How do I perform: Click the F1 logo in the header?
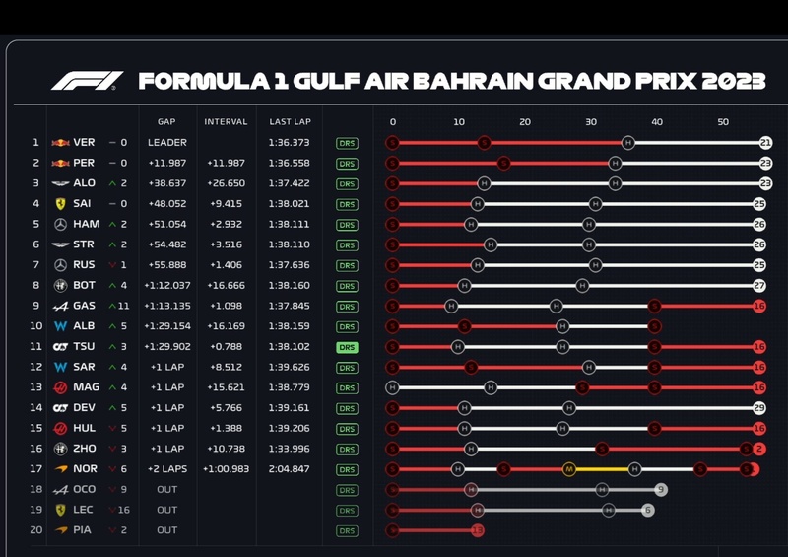(87, 81)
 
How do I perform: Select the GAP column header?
(165, 122)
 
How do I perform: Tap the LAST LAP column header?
(290, 122)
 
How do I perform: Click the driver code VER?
(84, 142)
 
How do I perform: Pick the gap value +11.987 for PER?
(166, 163)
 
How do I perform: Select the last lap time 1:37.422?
(289, 183)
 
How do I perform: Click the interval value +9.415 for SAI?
(226, 204)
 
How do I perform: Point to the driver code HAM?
(86, 224)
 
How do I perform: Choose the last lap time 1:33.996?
(289, 449)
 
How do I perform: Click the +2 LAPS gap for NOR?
(166, 469)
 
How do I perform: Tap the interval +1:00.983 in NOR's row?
(226, 469)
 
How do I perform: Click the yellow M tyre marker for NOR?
(568, 469)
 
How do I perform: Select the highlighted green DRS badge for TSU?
(347, 347)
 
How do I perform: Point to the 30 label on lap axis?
(590, 122)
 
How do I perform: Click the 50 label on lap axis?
(722, 122)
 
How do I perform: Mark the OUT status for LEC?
(166, 510)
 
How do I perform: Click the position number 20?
(35, 530)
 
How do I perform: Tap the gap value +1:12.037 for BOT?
(166, 286)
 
